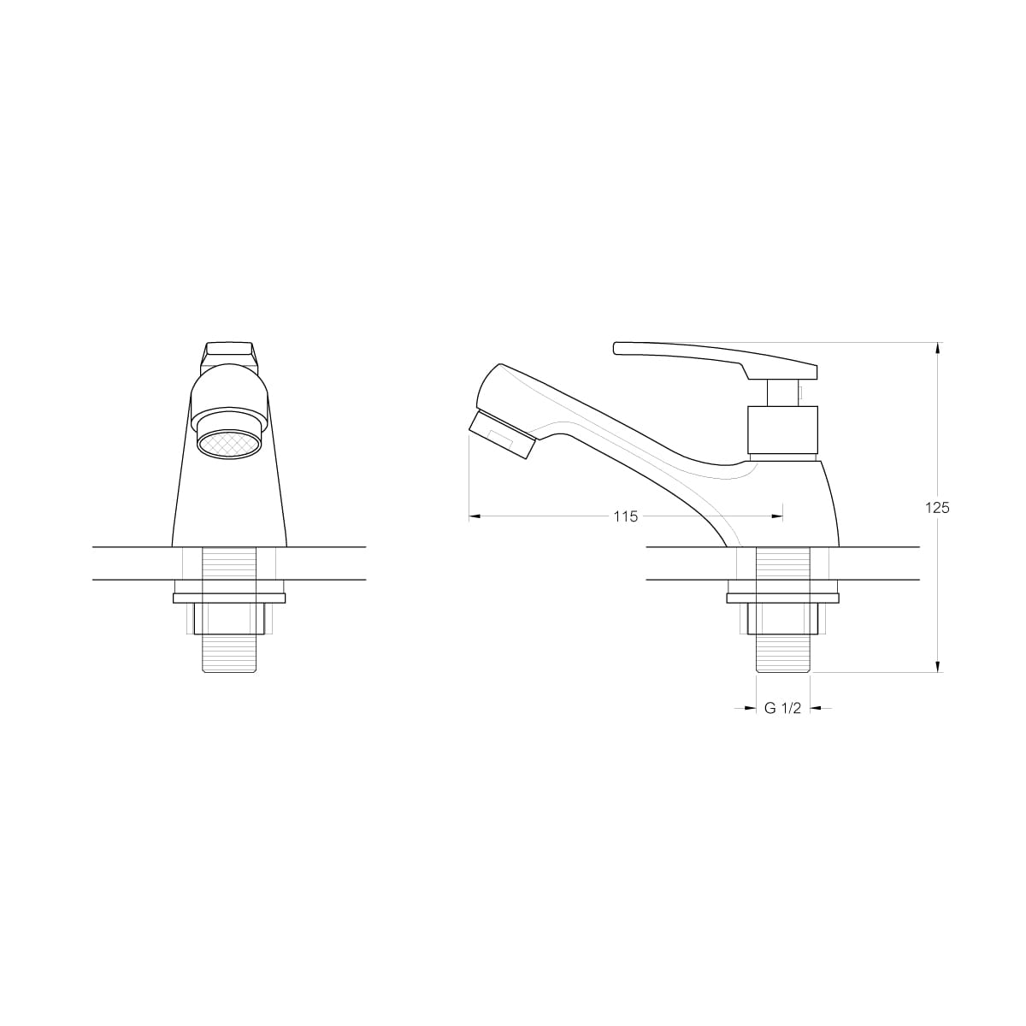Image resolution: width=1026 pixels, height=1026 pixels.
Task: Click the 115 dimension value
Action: coord(625,516)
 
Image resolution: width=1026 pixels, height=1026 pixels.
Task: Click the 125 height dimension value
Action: coord(937,507)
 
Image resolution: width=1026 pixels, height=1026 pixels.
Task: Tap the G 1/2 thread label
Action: coord(782,708)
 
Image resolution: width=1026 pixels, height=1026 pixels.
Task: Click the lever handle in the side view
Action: coord(715,361)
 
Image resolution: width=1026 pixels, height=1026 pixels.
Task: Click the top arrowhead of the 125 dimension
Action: coord(938,348)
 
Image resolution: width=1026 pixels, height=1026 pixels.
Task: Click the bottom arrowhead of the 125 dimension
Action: coord(938,665)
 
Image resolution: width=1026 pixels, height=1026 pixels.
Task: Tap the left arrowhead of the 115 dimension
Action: coord(475,516)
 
